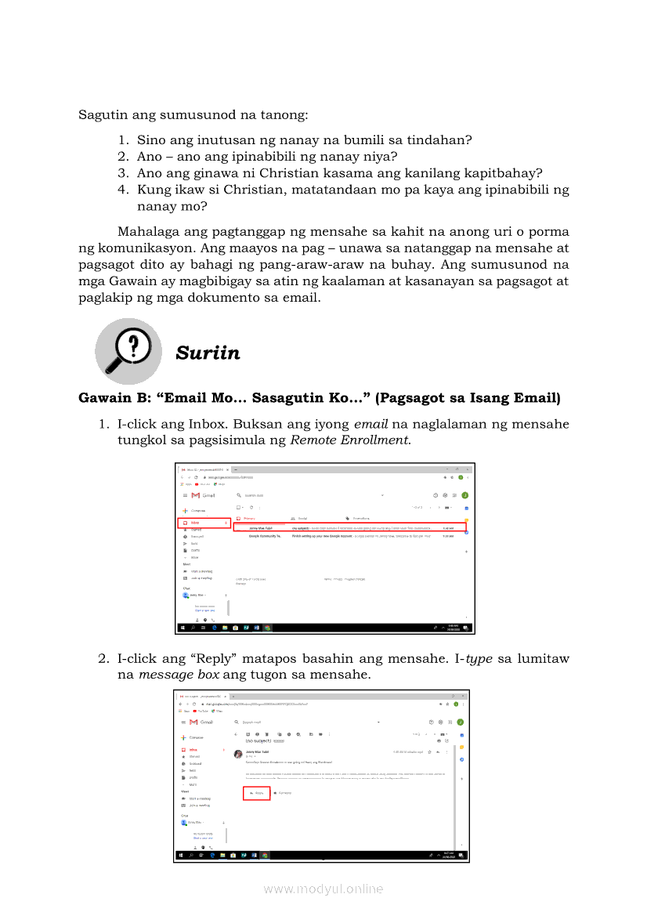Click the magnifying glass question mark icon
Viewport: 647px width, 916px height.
[129, 351]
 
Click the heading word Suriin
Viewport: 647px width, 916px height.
[208, 353]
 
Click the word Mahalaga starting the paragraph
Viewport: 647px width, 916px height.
[148, 232]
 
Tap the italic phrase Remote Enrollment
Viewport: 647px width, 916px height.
[349, 440]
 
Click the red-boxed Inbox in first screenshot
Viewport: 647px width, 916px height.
[203, 523]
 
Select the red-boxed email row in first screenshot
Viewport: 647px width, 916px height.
[349, 527]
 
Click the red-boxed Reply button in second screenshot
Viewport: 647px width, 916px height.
[256, 793]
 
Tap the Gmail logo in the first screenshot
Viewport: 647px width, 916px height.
[203, 495]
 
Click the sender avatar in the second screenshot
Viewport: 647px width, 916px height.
[238, 753]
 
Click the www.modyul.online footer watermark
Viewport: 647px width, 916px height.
[323, 889]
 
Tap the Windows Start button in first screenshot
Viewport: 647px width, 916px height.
[183, 628]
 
